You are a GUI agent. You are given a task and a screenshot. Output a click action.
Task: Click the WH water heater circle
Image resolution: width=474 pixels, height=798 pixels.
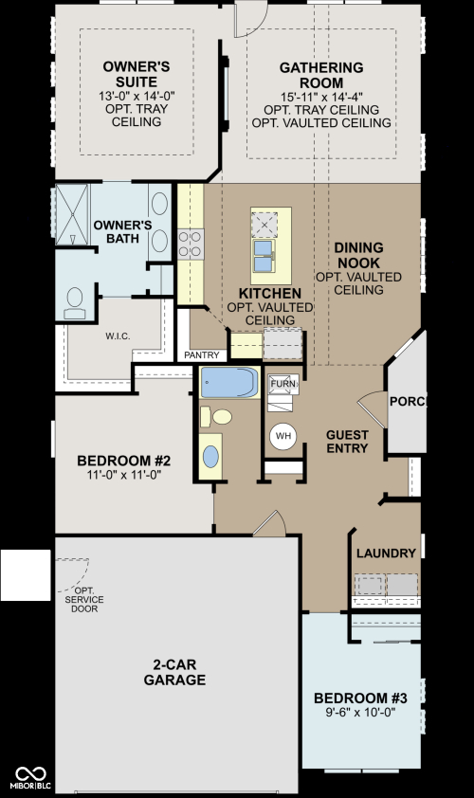click(283, 436)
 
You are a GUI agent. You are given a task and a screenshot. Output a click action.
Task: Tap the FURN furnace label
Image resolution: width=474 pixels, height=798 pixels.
click(283, 384)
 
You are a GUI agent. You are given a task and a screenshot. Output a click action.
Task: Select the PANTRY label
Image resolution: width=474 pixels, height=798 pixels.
click(202, 355)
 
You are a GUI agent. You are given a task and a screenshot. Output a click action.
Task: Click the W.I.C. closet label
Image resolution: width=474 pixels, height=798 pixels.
click(118, 336)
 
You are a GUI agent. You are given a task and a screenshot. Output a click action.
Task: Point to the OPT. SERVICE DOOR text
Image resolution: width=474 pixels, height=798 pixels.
click(84, 600)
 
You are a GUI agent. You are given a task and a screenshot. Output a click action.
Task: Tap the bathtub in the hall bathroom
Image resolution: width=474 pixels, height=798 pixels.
click(229, 382)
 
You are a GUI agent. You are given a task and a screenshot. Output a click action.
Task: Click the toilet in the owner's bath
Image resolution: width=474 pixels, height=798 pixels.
click(75, 303)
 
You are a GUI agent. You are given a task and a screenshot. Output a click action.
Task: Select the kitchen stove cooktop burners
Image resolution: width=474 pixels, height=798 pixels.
click(191, 245)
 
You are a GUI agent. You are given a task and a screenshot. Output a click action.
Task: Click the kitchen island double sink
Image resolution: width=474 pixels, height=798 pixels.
click(264, 256)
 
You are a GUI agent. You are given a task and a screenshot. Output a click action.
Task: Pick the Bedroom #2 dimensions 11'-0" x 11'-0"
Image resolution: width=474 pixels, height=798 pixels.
click(124, 475)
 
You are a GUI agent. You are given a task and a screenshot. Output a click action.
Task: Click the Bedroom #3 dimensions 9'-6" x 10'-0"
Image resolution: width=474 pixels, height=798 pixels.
click(360, 712)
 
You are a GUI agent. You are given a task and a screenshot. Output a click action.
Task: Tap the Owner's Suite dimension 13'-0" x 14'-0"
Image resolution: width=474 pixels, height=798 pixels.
click(137, 96)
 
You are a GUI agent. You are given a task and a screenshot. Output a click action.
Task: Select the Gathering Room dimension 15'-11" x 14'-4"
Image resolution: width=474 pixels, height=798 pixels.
click(321, 97)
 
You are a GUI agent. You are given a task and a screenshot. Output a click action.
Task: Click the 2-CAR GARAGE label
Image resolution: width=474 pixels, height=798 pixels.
click(174, 672)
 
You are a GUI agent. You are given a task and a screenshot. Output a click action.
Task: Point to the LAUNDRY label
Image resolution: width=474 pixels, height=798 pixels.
click(386, 553)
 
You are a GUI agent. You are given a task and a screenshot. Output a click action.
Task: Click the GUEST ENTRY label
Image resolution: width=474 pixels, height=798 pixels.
click(347, 442)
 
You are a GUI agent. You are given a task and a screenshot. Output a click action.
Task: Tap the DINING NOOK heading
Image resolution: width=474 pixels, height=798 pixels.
click(358, 256)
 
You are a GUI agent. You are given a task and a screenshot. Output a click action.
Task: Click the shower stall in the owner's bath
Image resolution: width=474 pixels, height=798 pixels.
click(72, 215)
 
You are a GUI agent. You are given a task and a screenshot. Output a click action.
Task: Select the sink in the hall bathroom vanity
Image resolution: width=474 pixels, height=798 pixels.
click(210, 457)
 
